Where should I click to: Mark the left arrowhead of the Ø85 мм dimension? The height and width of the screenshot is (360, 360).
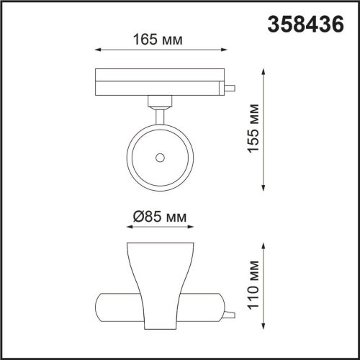tap(128, 228)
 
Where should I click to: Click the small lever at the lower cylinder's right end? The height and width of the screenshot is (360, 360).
tap(229, 314)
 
